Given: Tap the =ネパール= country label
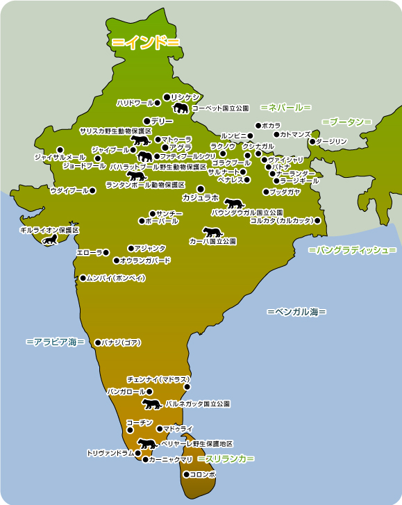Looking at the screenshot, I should (x=285, y=108).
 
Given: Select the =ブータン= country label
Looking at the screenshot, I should (x=346, y=122).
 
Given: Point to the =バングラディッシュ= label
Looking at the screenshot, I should (x=352, y=249).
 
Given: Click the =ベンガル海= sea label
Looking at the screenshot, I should (x=296, y=313).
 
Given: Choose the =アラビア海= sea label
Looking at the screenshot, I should (x=55, y=342).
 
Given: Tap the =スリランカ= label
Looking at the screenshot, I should (x=226, y=459).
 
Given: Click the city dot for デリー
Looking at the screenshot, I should (x=146, y=121).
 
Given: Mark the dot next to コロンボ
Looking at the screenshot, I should (x=186, y=474).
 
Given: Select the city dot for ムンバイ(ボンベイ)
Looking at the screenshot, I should (x=83, y=278).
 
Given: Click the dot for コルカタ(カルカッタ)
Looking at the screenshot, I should (x=317, y=220).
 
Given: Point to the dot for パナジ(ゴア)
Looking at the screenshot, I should (x=97, y=342).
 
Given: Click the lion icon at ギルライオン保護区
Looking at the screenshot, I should (x=50, y=240).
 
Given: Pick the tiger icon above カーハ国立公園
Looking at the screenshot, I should (x=212, y=232).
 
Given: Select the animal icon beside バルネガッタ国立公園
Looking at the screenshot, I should (x=151, y=404).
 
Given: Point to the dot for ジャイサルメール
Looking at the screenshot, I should (x=60, y=149).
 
